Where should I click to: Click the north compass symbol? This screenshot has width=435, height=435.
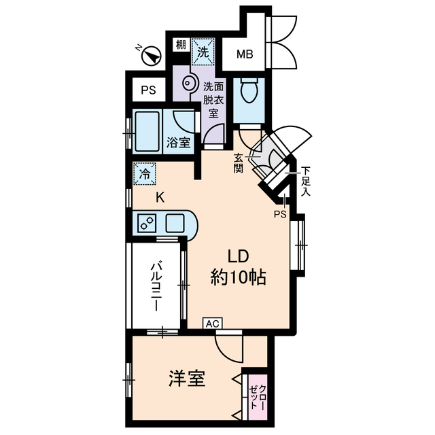(151, 55)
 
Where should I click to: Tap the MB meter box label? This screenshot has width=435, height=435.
(245, 54)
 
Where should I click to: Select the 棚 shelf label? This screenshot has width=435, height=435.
(181, 44)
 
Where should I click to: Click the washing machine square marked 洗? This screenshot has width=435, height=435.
(203, 52)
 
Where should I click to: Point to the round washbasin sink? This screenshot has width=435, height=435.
(188, 83)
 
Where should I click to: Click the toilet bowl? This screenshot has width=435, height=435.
(249, 90)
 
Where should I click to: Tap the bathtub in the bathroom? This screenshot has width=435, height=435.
(147, 131)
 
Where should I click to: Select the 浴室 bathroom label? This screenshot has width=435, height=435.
(178, 143)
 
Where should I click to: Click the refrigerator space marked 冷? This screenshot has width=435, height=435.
(145, 174)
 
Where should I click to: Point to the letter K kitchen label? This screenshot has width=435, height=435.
(160, 198)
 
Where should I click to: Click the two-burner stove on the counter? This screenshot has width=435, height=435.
(147, 223)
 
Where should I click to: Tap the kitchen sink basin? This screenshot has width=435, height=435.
(175, 223)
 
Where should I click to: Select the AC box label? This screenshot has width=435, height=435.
(213, 324)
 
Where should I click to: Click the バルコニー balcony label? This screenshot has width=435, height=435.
(156, 287)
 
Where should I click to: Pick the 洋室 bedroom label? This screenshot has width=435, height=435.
(187, 379)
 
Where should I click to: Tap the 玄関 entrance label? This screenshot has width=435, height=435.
(238, 163)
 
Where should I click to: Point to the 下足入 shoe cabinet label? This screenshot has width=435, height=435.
(306, 181)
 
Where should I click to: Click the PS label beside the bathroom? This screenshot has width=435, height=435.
(148, 90)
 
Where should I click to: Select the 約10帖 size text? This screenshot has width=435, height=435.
(239, 277)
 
